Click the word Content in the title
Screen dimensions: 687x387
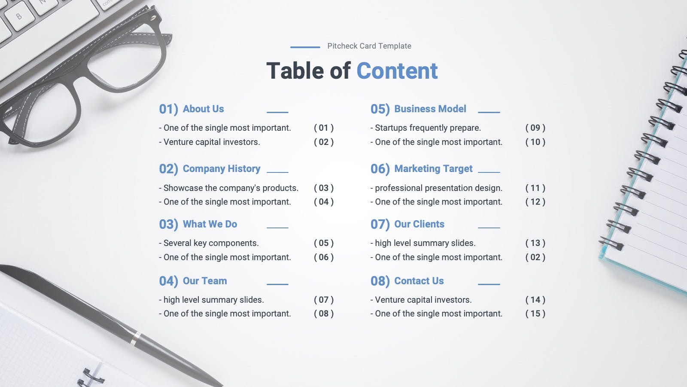(x=397, y=71)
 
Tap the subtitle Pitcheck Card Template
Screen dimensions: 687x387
(x=369, y=46)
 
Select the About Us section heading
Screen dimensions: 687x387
(x=204, y=109)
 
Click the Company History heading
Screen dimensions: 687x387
(x=222, y=169)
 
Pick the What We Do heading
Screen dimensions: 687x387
(x=210, y=224)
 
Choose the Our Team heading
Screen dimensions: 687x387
(x=205, y=281)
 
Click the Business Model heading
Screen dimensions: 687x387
(x=430, y=109)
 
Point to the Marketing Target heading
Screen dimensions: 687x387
(x=433, y=169)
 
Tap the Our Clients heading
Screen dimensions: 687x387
(x=419, y=224)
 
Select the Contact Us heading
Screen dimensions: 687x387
(x=419, y=281)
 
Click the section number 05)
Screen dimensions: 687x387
(x=380, y=109)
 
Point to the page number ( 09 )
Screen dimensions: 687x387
(x=535, y=128)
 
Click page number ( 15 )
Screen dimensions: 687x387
(x=535, y=313)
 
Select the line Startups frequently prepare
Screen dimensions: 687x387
(x=426, y=128)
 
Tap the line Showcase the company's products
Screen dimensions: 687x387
(x=229, y=188)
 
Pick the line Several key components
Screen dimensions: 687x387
(x=209, y=243)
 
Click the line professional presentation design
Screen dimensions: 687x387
(x=436, y=188)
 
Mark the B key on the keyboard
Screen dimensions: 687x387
(x=19, y=16)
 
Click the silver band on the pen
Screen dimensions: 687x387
(x=135, y=338)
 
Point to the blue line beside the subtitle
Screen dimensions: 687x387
(x=305, y=47)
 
